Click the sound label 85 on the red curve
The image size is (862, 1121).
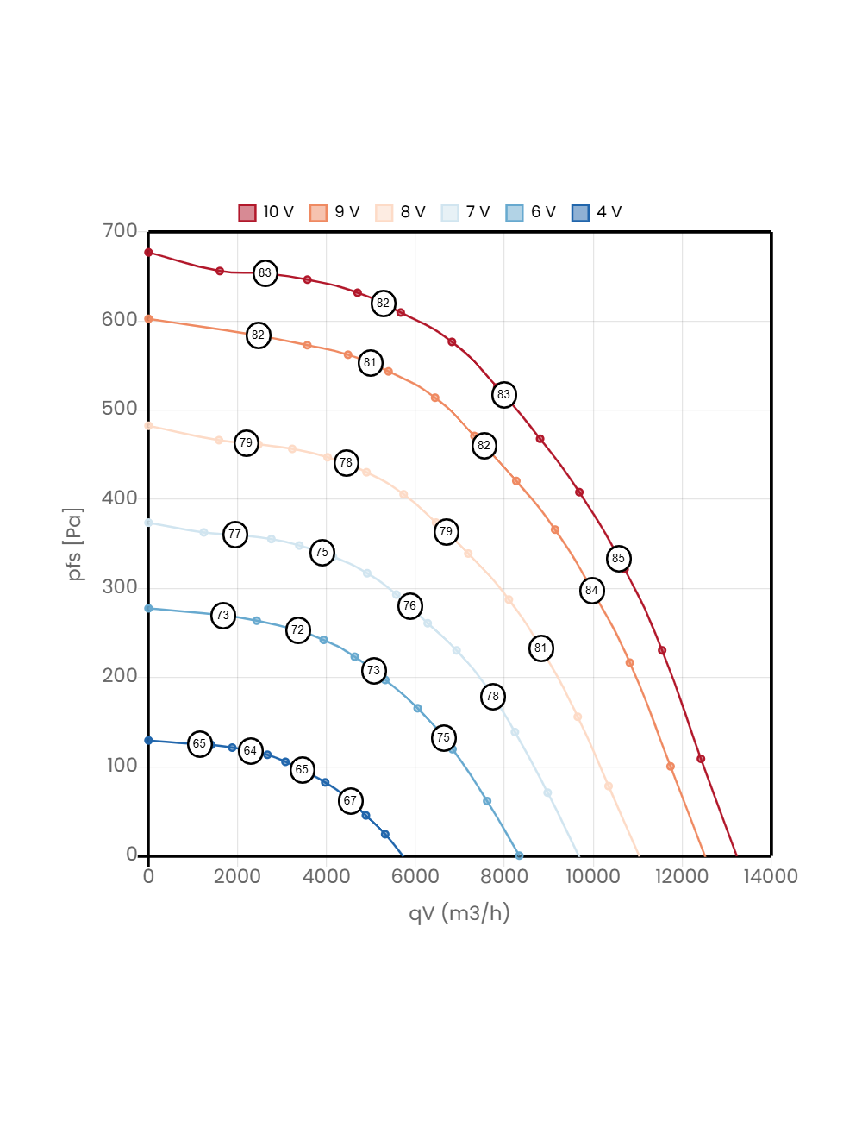[618, 558]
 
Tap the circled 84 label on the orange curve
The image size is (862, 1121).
[591, 591]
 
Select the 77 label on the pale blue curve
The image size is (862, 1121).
[234, 534]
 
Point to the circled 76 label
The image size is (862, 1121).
[409, 605]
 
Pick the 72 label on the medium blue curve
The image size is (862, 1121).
[297, 629]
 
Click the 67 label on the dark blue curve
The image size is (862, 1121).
[350, 800]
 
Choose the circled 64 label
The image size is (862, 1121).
[250, 750]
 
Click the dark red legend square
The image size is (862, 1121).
[247, 213]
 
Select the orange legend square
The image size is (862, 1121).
[318, 213]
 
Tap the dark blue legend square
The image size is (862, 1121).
[580, 213]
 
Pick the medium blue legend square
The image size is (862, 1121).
[515, 213]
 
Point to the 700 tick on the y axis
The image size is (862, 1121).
[120, 230]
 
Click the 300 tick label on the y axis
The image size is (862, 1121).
[120, 586]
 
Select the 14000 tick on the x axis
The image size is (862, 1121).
[771, 876]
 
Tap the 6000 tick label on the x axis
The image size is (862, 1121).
[415, 876]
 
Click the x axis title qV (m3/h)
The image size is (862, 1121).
[459, 912]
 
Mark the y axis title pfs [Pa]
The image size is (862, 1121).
[76, 544]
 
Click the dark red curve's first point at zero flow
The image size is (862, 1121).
[148, 253]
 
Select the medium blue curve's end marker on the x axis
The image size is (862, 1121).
[519, 855]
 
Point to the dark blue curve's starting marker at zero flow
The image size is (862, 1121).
[148, 740]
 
